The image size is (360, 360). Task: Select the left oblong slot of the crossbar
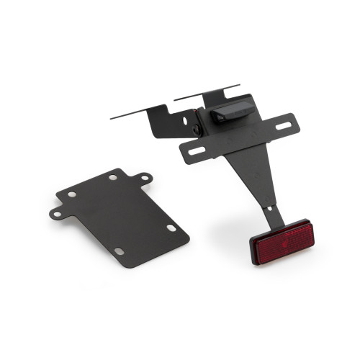point(195,150)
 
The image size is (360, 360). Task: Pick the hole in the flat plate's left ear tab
point(55,214)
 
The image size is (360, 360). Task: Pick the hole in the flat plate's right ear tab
point(145,176)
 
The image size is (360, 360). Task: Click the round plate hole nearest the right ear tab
point(114,176)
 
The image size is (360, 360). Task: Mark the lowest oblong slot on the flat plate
point(120,251)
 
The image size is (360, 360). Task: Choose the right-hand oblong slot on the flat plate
point(171,228)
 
